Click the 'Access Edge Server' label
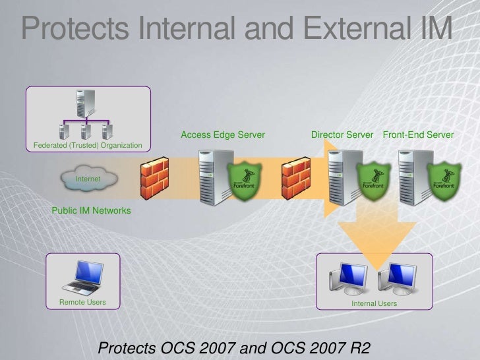[222, 135]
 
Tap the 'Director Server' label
[342, 135]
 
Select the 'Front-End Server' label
[418, 135]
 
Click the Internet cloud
[88, 179]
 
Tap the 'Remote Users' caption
[82, 303]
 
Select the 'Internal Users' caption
[374, 303]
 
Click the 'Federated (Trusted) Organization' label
[87, 145]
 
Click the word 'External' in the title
[359, 28]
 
